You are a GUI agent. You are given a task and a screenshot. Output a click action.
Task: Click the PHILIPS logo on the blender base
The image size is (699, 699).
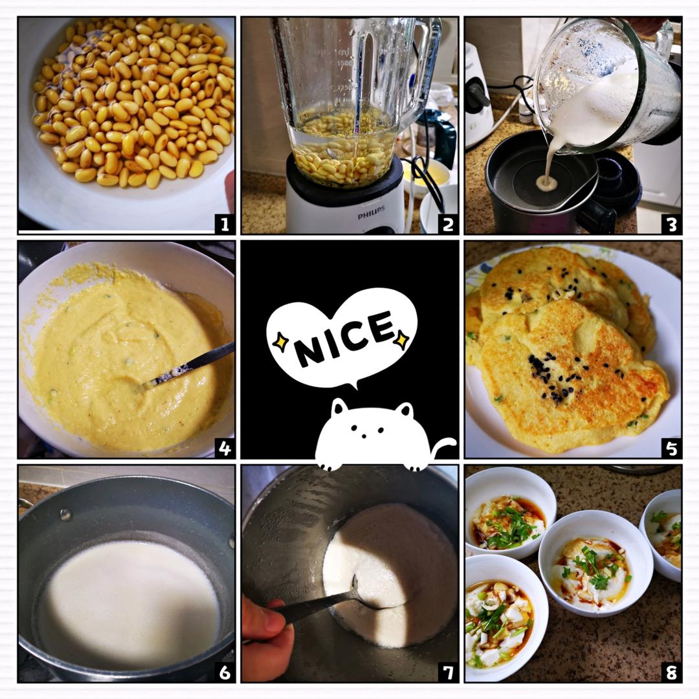[371, 213]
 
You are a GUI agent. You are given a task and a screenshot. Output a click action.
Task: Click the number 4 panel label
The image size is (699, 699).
[225, 448]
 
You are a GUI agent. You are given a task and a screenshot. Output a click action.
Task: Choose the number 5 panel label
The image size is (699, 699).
[672, 448]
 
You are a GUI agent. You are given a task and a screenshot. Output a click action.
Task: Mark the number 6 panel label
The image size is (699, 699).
[225, 671]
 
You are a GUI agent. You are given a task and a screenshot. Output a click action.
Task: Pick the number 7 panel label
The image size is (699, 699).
[448, 671]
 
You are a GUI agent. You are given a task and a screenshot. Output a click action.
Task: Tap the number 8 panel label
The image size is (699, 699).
[672, 671]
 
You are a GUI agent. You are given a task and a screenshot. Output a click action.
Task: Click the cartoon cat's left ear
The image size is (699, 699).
[339, 406]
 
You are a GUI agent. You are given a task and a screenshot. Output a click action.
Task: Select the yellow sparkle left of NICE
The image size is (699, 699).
[280, 342]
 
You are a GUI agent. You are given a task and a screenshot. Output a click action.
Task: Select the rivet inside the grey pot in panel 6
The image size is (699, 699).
[65, 515]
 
